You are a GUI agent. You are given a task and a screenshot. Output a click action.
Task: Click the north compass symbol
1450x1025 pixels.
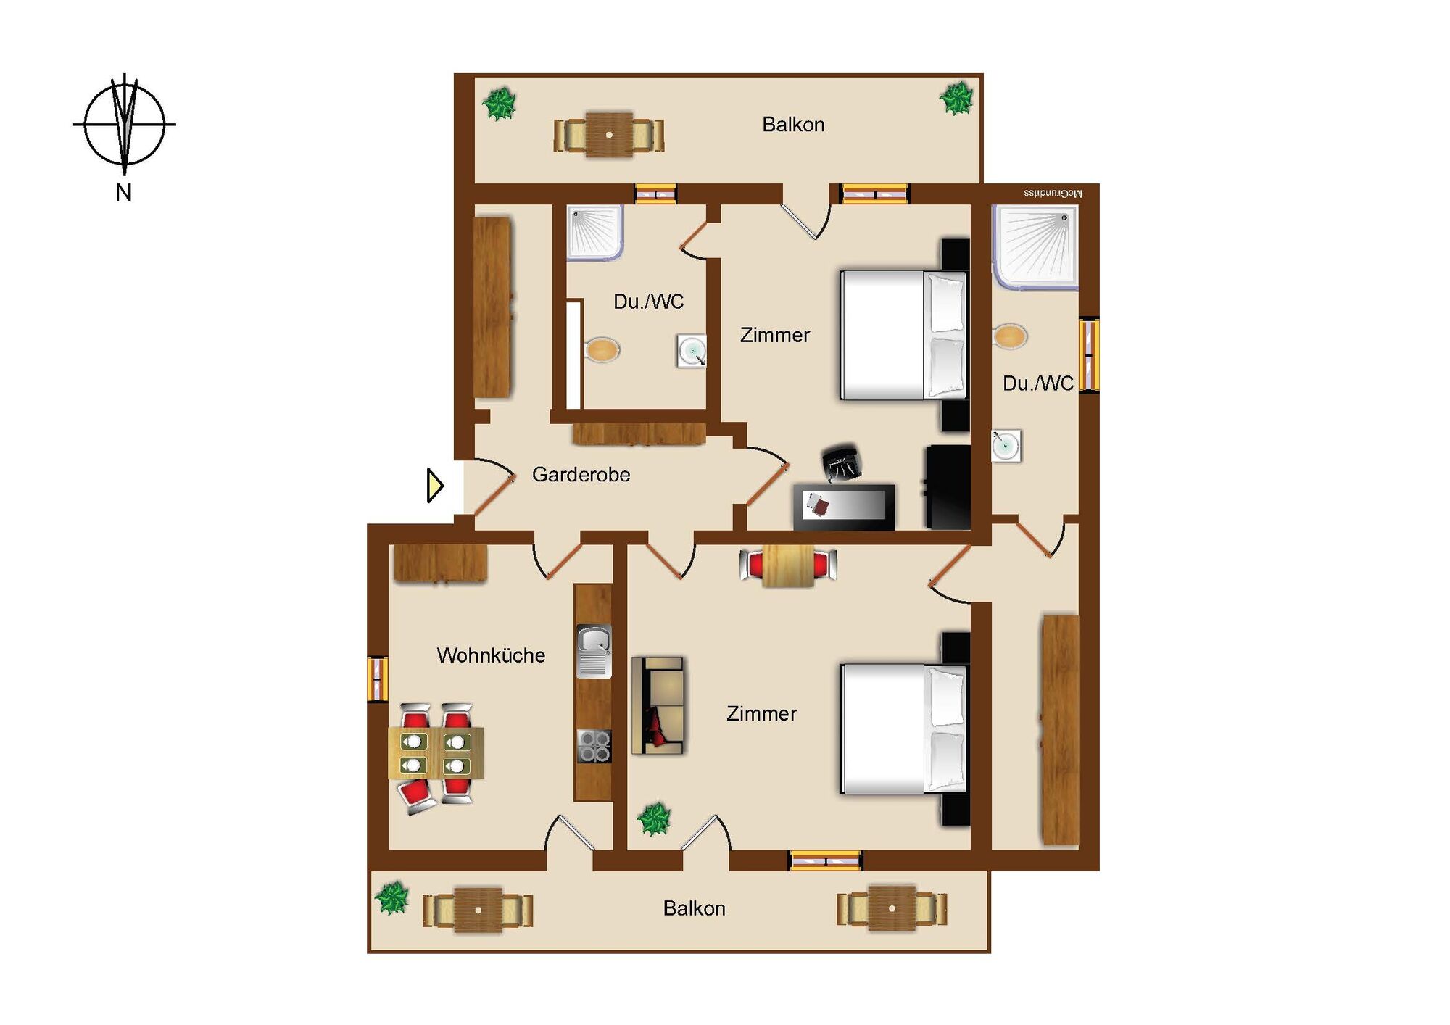click(x=125, y=125)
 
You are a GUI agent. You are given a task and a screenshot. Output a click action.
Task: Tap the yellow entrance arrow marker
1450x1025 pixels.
click(x=435, y=486)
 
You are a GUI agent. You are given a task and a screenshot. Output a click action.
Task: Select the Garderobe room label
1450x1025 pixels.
click(x=581, y=475)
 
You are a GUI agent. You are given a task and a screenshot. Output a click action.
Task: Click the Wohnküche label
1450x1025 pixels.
click(x=491, y=655)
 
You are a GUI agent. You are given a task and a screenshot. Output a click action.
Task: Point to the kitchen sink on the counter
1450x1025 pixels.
click(x=594, y=651)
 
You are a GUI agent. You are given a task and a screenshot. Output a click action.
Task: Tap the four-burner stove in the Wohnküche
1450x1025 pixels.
click(x=594, y=746)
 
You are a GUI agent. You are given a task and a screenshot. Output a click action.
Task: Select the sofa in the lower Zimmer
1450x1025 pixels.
click(x=658, y=705)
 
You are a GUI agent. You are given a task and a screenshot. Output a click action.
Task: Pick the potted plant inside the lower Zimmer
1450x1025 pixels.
click(x=654, y=819)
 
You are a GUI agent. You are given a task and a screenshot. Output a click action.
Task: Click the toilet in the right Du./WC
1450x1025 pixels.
click(x=1009, y=336)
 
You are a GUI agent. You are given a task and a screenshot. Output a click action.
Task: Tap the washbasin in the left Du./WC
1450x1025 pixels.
click(x=692, y=351)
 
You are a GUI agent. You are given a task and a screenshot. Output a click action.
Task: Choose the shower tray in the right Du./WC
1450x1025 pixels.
click(x=1035, y=246)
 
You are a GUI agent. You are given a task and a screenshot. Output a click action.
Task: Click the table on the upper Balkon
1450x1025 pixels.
click(x=609, y=135)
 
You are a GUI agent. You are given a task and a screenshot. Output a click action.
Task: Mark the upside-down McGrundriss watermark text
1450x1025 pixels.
click(x=1053, y=194)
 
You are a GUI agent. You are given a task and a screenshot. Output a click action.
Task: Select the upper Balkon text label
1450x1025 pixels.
click(x=793, y=125)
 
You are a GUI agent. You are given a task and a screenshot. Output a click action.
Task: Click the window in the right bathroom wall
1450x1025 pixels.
click(x=1089, y=355)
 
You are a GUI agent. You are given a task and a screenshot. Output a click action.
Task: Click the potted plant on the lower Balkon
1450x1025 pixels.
click(x=392, y=898)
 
